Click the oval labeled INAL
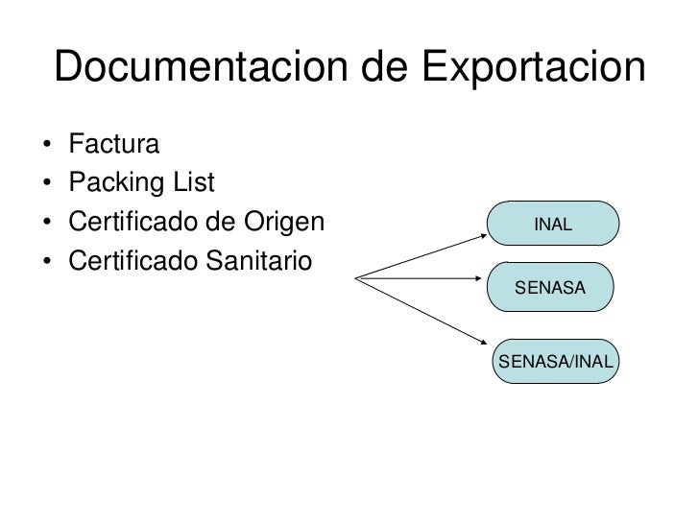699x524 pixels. click(x=553, y=226)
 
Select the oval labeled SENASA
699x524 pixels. click(x=550, y=286)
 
